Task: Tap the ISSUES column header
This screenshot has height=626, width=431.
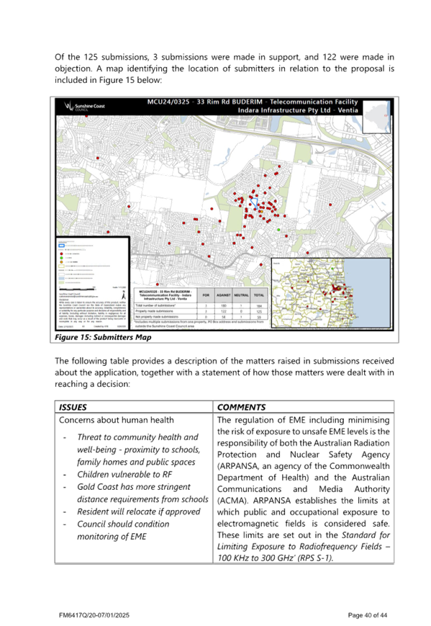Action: pos(73,407)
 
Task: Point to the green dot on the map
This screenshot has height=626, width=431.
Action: pos(278,230)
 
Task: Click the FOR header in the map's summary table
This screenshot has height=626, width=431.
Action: pos(207,295)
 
